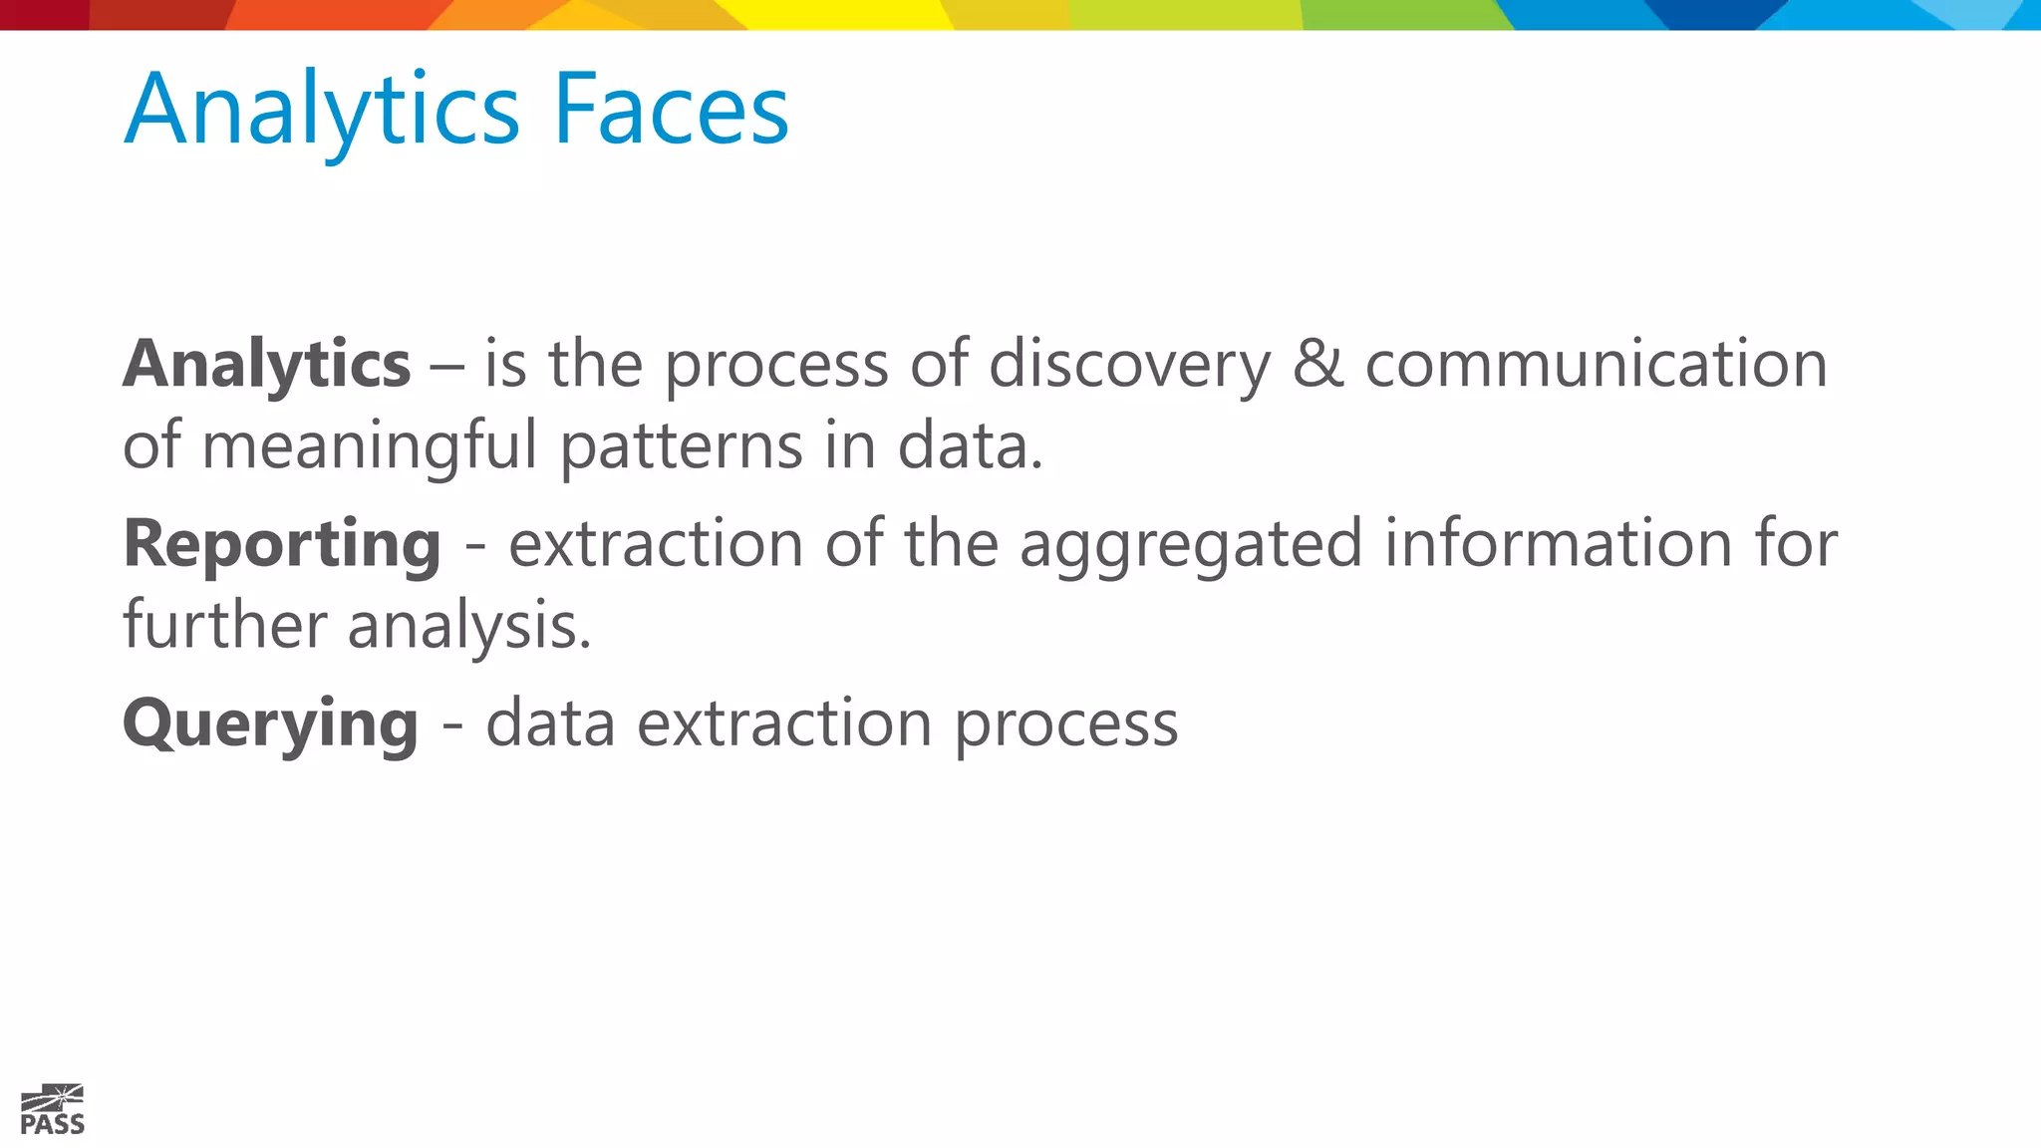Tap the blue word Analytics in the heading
[321, 112]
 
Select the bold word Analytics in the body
[266, 365]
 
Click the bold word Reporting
[282, 546]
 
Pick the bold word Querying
[270, 724]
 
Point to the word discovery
[1130, 365]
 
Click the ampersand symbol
[1317, 364]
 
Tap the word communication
[1596, 364]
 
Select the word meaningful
[370, 446]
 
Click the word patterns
[681, 446]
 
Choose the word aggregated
[1190, 546]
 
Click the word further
[224, 625]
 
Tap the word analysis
[468, 627]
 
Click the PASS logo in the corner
[53, 1110]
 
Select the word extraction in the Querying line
[784, 723]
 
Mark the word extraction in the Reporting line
[656, 544]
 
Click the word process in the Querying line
[1066, 725]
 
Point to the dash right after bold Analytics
[446, 366]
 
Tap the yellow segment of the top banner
[847, 15]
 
